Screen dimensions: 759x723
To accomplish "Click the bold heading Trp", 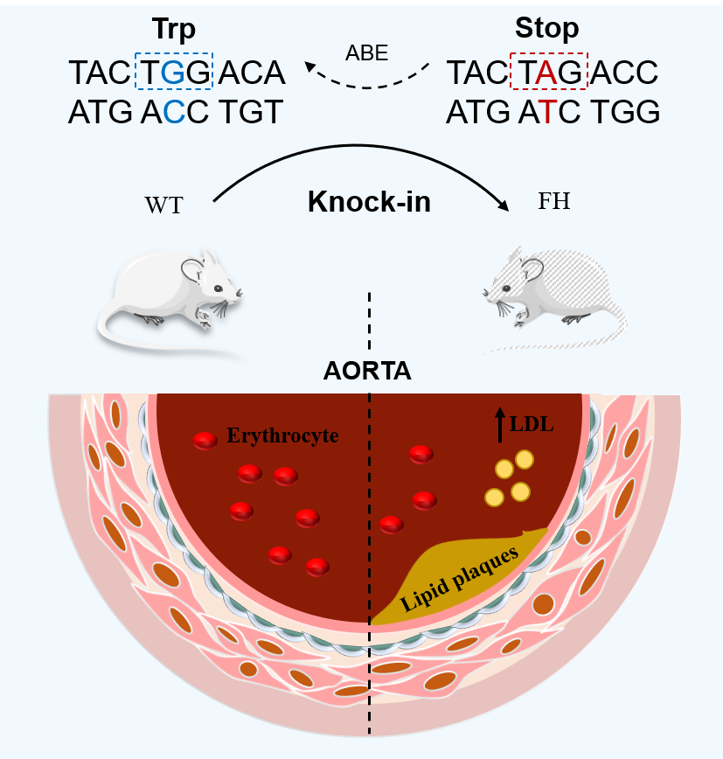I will [x=173, y=30].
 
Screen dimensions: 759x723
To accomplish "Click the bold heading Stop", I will [x=546, y=28].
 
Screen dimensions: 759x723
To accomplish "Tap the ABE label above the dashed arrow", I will [x=366, y=52].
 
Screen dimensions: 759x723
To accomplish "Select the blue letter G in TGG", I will [x=175, y=73].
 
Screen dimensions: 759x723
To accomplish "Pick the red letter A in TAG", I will [x=546, y=73].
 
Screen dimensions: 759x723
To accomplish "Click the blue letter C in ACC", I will [x=175, y=113].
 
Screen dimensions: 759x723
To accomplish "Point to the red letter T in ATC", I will [x=546, y=113].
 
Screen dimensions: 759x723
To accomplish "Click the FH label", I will [x=554, y=203].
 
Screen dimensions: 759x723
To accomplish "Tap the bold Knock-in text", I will [x=368, y=203].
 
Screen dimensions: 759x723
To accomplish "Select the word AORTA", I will [x=367, y=371].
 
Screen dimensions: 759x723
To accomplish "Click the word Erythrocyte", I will [x=282, y=435].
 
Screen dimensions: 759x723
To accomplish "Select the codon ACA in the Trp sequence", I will [x=252, y=73].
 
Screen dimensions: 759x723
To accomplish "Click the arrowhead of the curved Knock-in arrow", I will [x=504, y=204].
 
